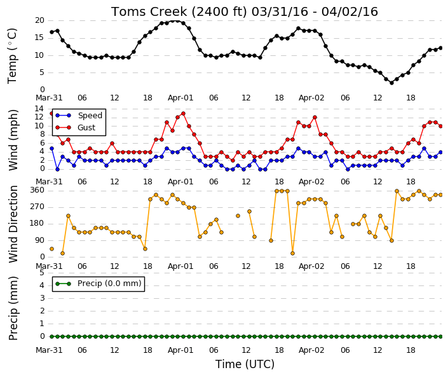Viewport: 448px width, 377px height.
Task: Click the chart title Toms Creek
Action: click(x=149, y=12)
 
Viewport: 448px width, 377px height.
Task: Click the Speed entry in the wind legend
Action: click(x=79, y=116)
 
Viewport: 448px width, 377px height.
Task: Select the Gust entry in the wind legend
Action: click(x=76, y=128)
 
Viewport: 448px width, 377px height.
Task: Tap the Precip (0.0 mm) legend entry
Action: click(x=98, y=284)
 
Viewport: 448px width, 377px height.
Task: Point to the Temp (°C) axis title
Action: click(x=12, y=56)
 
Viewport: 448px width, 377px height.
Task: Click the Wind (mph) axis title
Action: click(x=13, y=140)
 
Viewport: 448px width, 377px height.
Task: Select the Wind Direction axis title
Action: click(x=13, y=224)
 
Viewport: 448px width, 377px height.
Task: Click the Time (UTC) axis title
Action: click(x=245, y=364)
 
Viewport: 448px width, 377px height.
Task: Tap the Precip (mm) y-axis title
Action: click(x=13, y=308)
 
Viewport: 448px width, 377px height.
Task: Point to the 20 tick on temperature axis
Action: click(x=39, y=20)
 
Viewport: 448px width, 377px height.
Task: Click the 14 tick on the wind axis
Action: click(x=39, y=109)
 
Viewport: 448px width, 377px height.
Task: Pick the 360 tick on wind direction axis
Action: click(x=37, y=190)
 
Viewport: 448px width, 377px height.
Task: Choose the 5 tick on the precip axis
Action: click(x=42, y=273)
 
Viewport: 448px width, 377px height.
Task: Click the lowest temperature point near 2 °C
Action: click(x=391, y=83)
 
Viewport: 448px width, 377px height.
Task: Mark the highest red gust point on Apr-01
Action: click(x=183, y=113)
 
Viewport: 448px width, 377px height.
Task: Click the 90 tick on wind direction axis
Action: click(x=39, y=240)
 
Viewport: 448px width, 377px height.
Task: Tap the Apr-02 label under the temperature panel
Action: click(x=311, y=98)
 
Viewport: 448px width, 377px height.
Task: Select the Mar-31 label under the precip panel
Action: click(x=49, y=350)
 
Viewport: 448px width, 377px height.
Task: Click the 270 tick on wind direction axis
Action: click(x=37, y=207)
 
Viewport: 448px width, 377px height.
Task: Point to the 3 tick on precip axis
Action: click(x=42, y=298)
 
